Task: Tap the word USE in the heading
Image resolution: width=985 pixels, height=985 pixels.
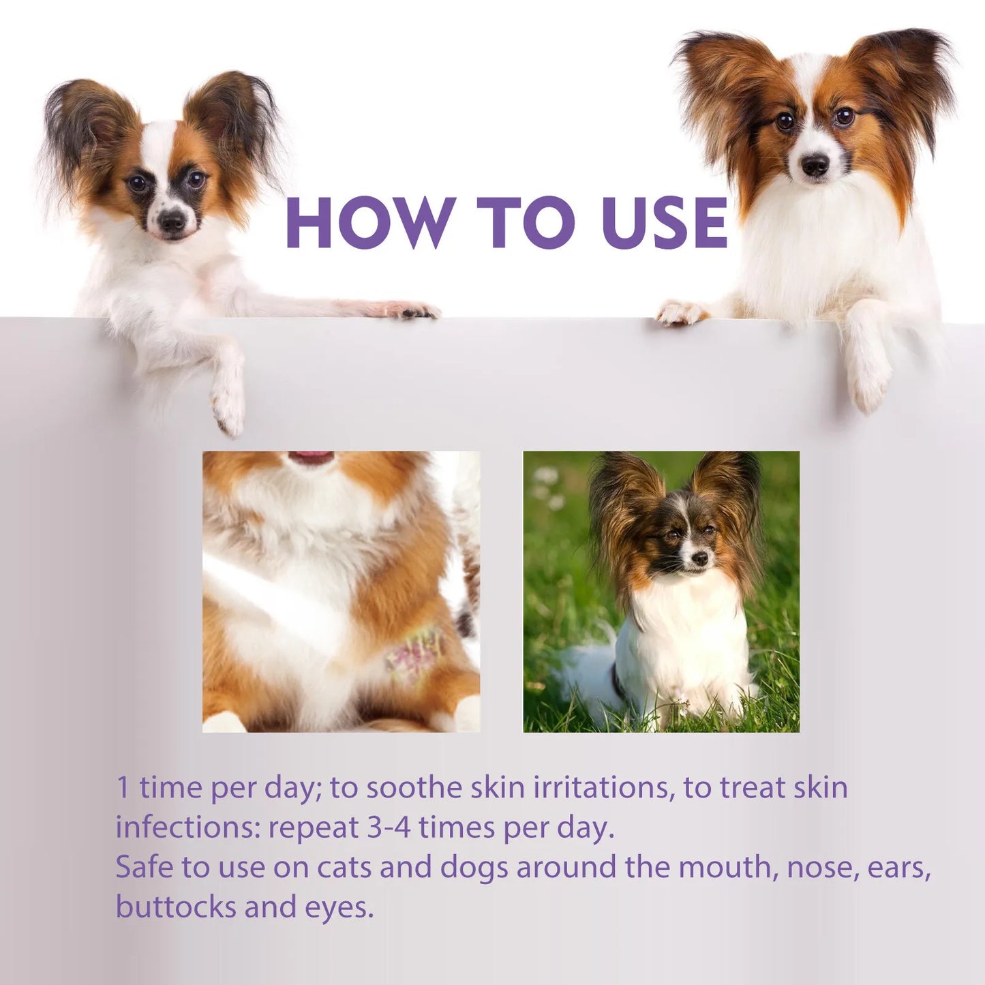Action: tap(665, 222)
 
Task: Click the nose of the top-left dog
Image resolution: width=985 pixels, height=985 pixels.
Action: tap(170, 219)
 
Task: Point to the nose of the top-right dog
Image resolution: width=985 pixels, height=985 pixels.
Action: tap(815, 164)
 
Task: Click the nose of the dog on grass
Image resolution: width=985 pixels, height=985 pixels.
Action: tap(699, 559)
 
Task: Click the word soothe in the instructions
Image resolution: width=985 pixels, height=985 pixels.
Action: tap(414, 787)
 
